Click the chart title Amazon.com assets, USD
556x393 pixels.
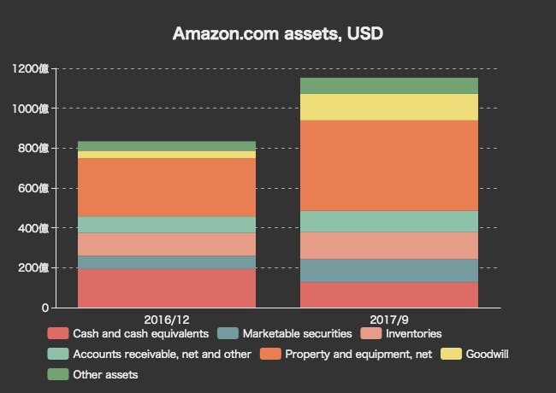277,33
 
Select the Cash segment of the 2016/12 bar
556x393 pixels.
167,288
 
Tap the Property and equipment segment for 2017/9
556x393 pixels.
389,165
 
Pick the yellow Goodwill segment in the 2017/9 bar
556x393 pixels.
389,107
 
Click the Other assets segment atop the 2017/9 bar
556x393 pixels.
389,85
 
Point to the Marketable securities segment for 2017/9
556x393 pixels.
389,270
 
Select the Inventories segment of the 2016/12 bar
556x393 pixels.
167,244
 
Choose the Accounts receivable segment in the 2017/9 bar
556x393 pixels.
389,221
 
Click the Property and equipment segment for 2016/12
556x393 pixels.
167,187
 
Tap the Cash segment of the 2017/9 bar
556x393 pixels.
389,295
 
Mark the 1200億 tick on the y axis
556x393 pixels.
32,68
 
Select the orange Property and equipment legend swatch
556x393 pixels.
271,354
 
